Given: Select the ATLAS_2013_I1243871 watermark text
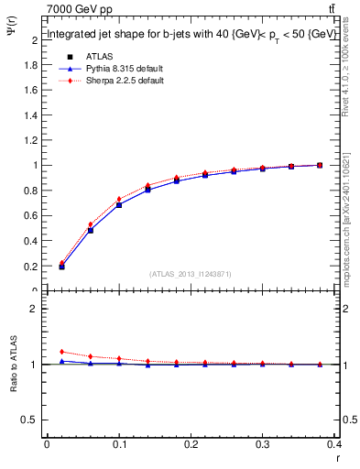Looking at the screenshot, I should tap(191, 274).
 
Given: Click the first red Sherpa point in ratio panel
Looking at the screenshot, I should tap(61, 352).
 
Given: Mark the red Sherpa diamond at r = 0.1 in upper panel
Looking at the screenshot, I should tap(119, 200).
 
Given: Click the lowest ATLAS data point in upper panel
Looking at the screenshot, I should tap(61, 267).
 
